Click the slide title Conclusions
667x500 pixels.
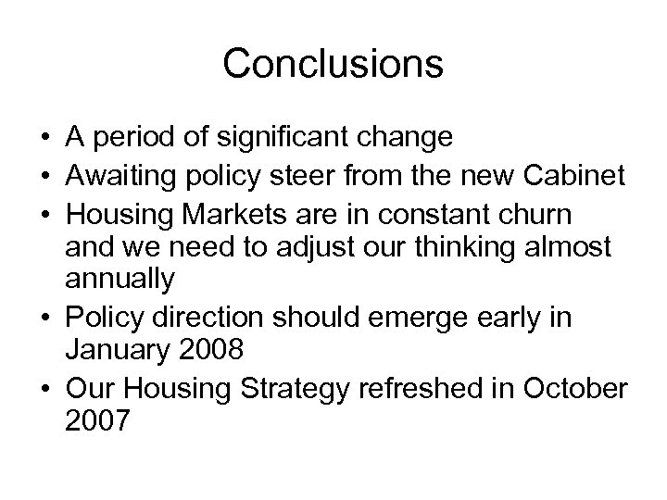click(x=333, y=64)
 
